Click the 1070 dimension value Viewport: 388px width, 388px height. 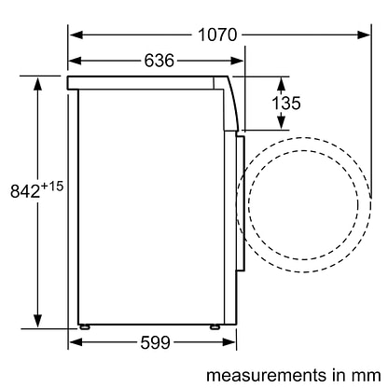pos(217,35)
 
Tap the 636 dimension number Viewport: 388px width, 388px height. pos(159,61)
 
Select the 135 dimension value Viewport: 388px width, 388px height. pos(286,103)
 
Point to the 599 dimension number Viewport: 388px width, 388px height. pos(155,342)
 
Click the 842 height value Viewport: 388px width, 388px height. pos(25,191)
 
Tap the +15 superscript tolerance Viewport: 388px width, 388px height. pos(52,187)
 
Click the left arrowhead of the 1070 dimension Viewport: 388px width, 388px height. pos(76,35)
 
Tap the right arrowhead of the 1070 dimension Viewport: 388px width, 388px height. pos(364,35)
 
